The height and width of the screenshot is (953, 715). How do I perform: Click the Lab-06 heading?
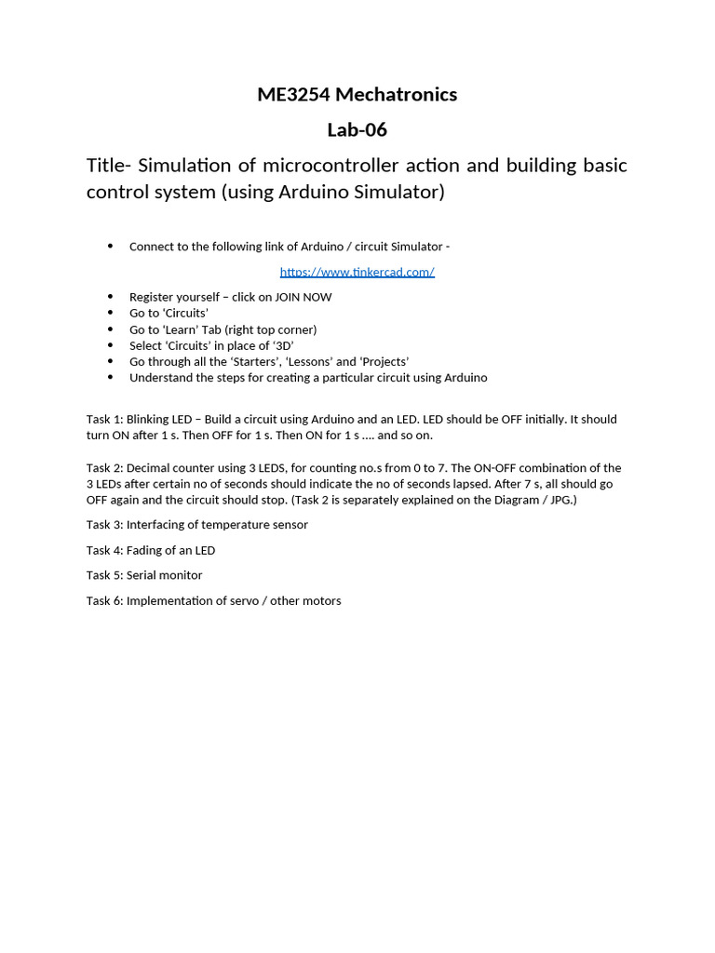coord(357,129)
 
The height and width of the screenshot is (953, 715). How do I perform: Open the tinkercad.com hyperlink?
coord(357,272)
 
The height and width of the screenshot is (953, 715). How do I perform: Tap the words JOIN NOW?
coord(303,297)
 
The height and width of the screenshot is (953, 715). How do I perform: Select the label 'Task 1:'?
coord(104,419)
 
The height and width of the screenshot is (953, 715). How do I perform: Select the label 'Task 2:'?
coord(104,467)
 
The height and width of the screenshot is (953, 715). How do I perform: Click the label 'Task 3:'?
coord(104,524)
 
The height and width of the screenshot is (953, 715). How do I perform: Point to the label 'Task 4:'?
coord(104,550)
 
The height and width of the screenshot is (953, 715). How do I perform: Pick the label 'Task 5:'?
coord(104,575)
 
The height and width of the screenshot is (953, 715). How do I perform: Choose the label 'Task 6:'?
coord(104,600)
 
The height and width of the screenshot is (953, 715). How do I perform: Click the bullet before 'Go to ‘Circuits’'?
coord(110,313)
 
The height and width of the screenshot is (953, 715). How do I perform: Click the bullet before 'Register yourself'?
coord(110,297)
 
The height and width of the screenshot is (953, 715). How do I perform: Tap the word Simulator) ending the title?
coord(398,192)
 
